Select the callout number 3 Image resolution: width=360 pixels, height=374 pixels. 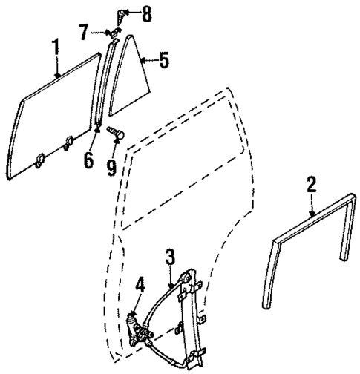click(x=170, y=257)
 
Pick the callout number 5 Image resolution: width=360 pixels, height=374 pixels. click(x=164, y=60)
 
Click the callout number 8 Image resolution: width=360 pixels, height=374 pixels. click(x=146, y=13)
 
